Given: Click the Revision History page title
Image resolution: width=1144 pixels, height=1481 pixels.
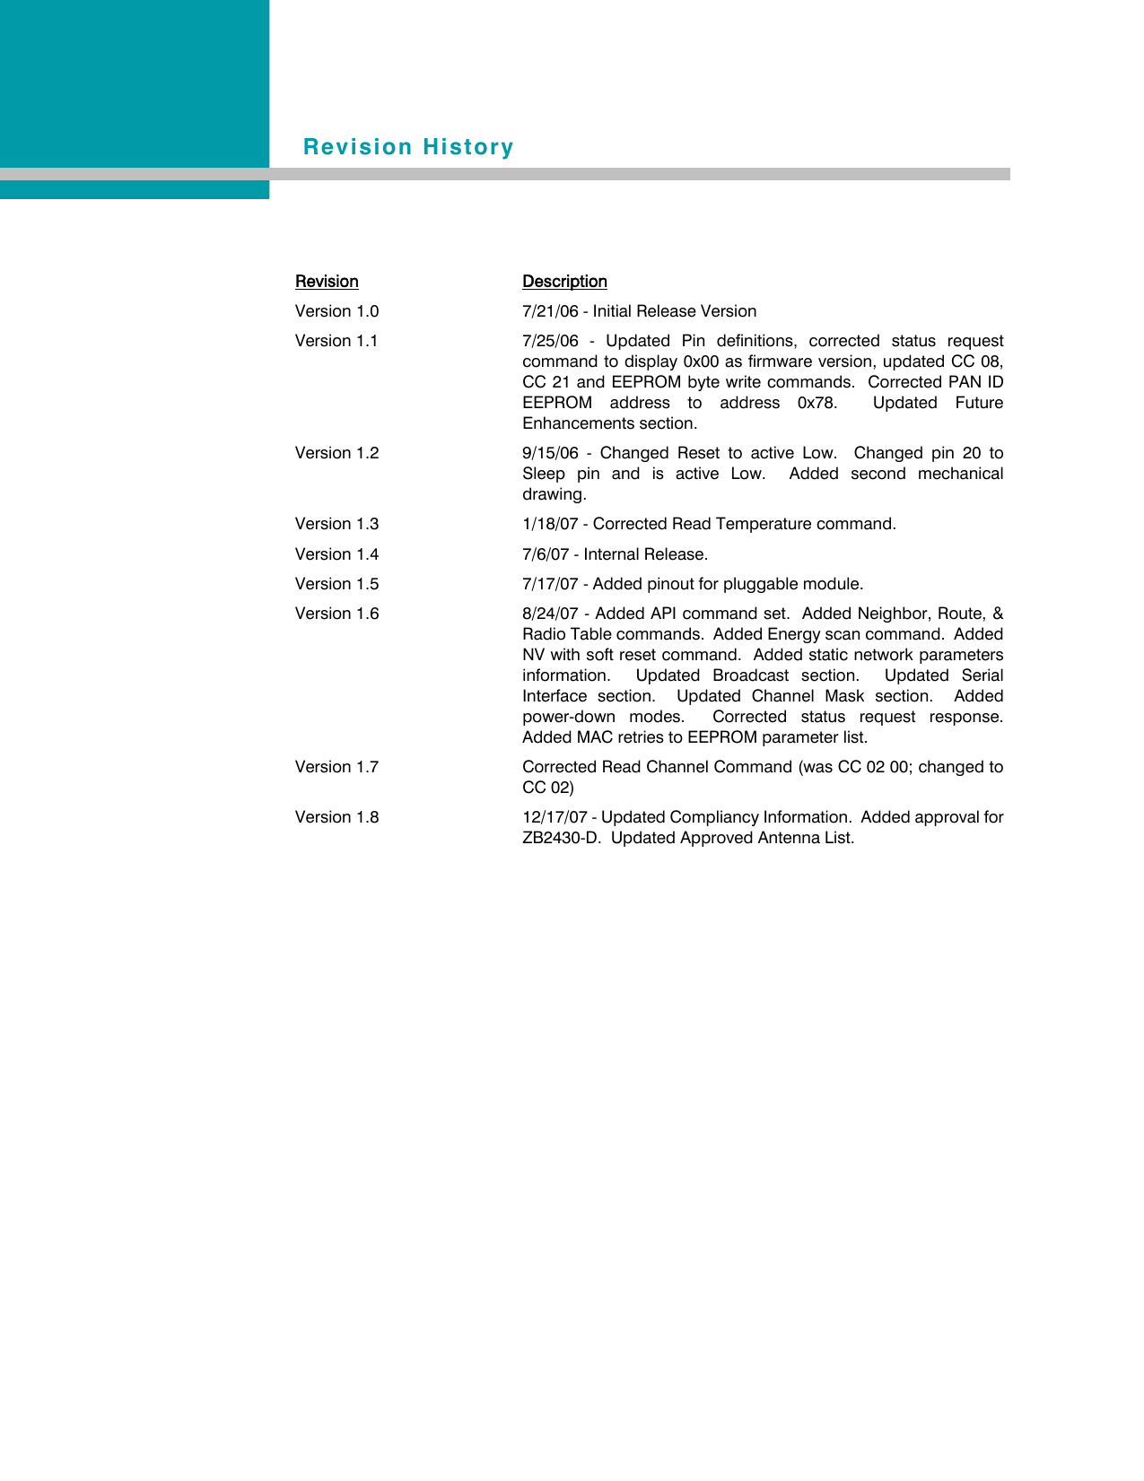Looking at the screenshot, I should click(x=408, y=147).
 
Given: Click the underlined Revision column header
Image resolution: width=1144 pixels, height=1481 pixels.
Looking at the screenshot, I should click(x=327, y=282).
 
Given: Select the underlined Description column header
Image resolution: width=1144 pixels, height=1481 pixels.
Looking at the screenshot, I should click(x=564, y=282).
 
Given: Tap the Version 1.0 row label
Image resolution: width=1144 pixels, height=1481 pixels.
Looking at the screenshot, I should click(x=336, y=311).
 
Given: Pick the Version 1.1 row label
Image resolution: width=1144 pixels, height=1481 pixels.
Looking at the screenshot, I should click(x=336, y=341).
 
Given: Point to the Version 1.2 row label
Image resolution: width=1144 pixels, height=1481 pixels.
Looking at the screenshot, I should click(x=336, y=453).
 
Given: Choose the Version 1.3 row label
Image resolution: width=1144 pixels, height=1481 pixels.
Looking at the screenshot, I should click(x=336, y=524).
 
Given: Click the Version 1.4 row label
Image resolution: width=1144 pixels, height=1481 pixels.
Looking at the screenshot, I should click(x=336, y=554).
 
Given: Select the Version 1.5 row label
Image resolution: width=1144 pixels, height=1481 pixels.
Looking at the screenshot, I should click(x=336, y=584).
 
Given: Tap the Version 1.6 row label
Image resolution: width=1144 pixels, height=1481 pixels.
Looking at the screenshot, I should click(x=336, y=614).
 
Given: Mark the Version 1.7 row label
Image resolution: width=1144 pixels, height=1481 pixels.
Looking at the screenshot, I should click(x=336, y=767).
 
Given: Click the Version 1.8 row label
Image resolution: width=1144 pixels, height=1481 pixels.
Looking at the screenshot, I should click(x=336, y=817).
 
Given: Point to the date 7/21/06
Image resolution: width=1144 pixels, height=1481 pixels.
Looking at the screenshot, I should click(x=550, y=311).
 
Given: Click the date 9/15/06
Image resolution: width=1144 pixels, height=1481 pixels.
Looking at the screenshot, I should click(x=550, y=453).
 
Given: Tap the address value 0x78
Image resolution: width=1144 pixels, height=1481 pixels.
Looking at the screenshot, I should click(x=817, y=403).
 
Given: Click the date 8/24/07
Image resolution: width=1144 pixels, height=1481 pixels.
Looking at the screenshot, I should click(x=550, y=614).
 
